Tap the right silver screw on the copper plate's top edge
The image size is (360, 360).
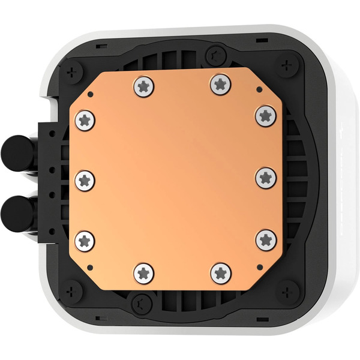(x=221, y=84)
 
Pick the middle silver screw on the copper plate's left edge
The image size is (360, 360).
(x=85, y=179)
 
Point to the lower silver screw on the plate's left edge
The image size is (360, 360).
(x=85, y=241)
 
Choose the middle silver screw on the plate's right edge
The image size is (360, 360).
(x=265, y=176)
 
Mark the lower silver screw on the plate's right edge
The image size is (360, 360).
(x=266, y=240)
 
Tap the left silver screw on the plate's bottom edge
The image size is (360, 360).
(x=143, y=273)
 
